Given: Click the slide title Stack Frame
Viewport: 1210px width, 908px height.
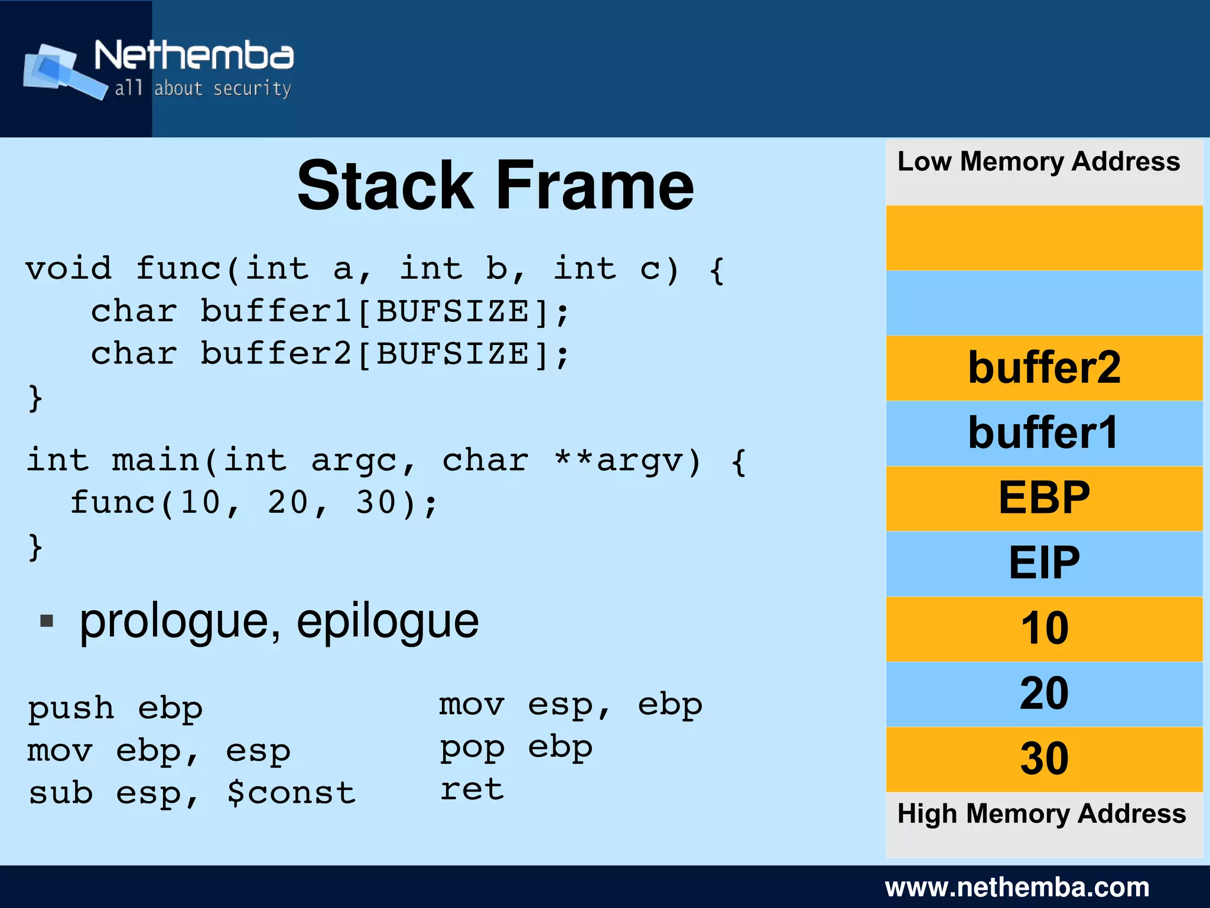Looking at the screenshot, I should [x=495, y=185].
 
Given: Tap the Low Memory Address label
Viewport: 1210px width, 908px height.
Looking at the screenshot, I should [x=1038, y=161].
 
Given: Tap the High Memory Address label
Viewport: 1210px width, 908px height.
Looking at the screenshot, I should [x=1041, y=813].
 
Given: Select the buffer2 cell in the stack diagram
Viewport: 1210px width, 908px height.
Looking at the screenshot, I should [x=1044, y=368].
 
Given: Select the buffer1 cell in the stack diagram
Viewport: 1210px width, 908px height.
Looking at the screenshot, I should [x=1044, y=433].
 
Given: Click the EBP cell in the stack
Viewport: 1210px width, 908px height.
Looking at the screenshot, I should [x=1044, y=498].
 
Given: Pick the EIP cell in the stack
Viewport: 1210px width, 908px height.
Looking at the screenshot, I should [x=1044, y=563].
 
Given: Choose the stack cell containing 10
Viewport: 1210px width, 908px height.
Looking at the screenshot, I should [x=1044, y=628].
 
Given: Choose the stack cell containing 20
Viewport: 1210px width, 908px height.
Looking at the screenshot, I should [x=1044, y=694].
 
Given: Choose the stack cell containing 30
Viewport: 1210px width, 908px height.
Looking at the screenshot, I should [x=1044, y=759].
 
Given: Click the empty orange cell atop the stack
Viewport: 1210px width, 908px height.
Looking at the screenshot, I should [x=1044, y=237].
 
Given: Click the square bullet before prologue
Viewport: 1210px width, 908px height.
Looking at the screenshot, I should [x=47, y=621].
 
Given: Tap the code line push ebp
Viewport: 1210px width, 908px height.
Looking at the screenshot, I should [x=115, y=708].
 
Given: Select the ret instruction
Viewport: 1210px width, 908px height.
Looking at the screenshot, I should [x=471, y=789].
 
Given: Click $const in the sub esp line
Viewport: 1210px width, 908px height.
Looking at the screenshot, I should [x=291, y=793].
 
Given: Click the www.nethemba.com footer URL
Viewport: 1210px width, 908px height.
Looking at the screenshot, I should [x=1017, y=887].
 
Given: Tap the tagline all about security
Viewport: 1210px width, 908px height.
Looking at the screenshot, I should [x=203, y=89].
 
